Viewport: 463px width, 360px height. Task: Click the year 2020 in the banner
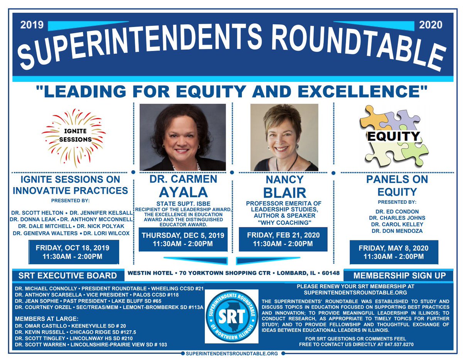(431, 25)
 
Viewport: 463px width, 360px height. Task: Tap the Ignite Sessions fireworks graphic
(73, 137)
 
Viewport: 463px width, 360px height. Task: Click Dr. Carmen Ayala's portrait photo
(182, 137)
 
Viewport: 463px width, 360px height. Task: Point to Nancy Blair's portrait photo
(284, 137)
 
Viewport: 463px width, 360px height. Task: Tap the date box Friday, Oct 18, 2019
(74, 252)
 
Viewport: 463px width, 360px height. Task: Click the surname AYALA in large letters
(182, 192)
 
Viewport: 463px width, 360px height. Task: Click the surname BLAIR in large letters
(284, 192)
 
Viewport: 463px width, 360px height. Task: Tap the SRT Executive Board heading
(68, 275)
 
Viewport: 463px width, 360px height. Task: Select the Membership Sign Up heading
(399, 275)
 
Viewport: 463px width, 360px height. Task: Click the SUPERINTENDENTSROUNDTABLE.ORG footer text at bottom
(232, 353)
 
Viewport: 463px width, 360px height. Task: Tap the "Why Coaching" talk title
(284, 222)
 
